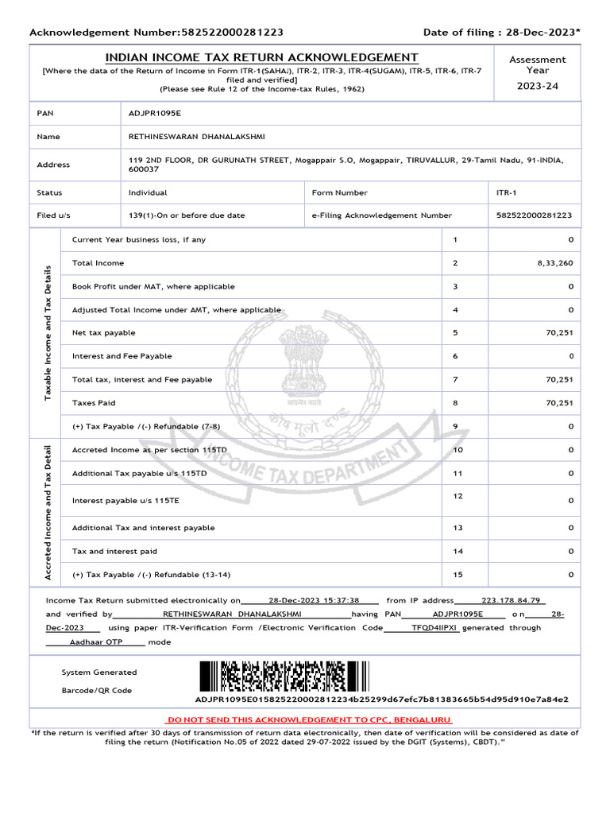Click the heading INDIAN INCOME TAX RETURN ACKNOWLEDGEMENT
(262, 58)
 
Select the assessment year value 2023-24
(538, 86)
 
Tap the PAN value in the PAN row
(155, 113)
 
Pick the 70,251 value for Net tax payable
(559, 333)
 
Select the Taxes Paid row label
(94, 403)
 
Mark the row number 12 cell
(457, 496)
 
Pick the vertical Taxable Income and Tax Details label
(48, 333)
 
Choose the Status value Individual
(148, 192)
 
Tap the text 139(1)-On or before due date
(187, 215)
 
